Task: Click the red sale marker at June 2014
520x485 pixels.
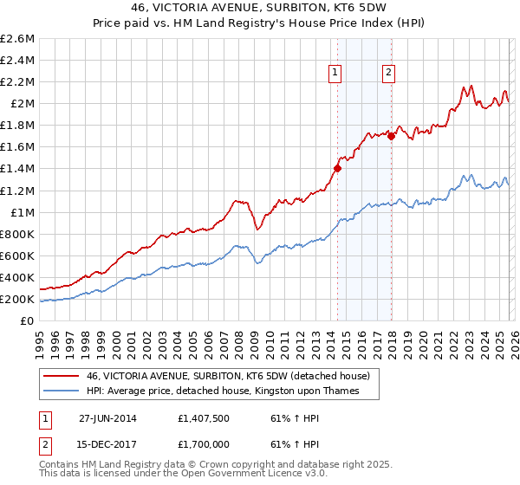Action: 337,168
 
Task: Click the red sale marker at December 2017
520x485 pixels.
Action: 391,136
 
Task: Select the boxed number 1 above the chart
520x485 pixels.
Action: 335,74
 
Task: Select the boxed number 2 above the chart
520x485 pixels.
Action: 388,74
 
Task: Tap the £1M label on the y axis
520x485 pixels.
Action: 23,212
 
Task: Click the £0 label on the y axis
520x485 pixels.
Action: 27,321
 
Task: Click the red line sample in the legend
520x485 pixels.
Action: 62,376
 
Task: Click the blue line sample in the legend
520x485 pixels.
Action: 62,391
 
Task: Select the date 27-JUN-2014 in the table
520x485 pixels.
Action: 111,417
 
